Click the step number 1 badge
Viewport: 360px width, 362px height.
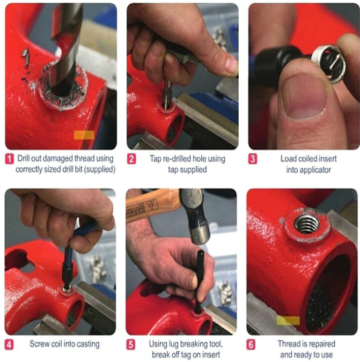(9, 159)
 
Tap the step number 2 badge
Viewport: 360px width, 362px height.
(131, 159)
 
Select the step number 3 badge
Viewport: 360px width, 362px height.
(253, 159)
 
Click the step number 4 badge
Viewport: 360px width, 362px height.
(9, 345)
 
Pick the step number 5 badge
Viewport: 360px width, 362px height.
(131, 345)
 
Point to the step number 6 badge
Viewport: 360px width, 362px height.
(251, 345)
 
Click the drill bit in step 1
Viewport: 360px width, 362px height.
(66, 46)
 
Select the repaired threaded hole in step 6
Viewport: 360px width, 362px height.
(307, 224)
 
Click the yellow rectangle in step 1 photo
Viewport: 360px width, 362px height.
(84, 135)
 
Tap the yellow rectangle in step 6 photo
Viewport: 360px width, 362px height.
(288, 320)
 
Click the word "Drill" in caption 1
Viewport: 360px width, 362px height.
(23, 158)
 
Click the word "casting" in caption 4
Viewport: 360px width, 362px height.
(88, 344)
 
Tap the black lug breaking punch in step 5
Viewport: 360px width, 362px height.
(199, 281)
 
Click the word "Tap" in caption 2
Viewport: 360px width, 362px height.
(156, 159)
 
